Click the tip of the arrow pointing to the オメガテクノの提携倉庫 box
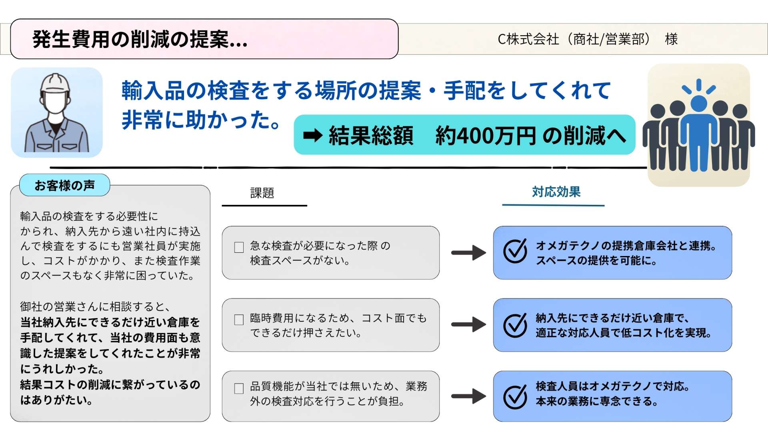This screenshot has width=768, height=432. point(486,253)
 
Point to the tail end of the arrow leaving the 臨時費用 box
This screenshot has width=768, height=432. point(452,324)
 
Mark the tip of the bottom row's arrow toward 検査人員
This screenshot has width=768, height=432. point(486,396)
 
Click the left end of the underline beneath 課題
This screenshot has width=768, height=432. point(222,206)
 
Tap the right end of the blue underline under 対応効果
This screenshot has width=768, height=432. point(604,205)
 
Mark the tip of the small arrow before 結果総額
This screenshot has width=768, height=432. point(322,136)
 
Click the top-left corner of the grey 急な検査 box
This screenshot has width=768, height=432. point(223,227)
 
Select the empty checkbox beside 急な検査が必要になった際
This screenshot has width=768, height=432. point(239,247)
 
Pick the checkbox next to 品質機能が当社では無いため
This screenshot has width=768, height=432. point(239,388)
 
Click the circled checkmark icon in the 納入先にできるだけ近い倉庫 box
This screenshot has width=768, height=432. point(515,325)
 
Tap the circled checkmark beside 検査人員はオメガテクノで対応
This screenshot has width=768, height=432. point(515,397)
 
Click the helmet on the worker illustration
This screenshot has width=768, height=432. point(55,83)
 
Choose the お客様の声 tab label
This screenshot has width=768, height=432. point(65,185)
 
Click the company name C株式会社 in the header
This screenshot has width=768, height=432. point(528,39)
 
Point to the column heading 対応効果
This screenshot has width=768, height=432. point(556,192)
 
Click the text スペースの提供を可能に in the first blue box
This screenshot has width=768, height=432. point(596,261)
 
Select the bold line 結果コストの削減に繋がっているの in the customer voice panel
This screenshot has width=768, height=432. point(110,385)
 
